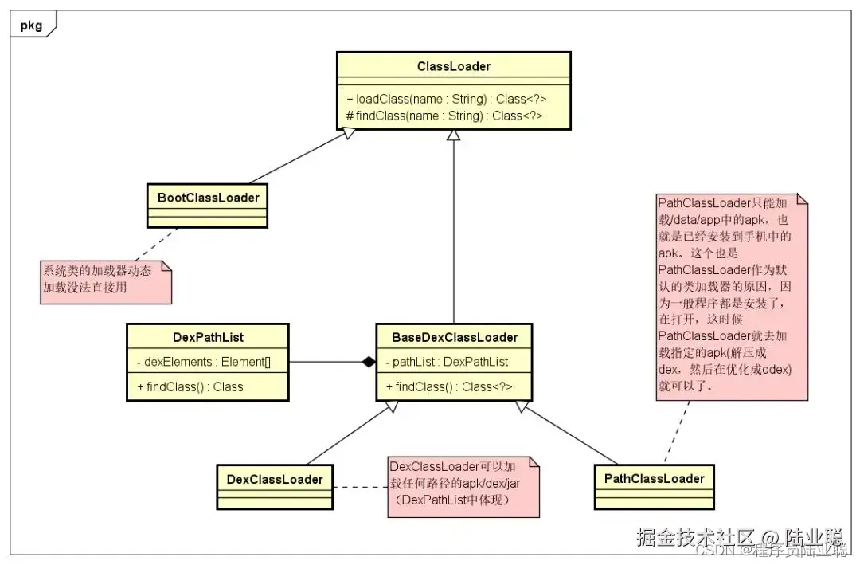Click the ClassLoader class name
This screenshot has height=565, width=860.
point(453,66)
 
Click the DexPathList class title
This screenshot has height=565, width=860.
point(208,337)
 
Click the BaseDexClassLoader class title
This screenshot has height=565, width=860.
point(454,337)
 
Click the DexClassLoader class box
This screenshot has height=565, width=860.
point(275,479)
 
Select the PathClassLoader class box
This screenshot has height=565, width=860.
point(654,478)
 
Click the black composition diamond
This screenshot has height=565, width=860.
point(367,362)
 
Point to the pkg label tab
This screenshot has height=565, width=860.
point(33,24)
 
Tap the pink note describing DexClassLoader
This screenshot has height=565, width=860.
point(462,485)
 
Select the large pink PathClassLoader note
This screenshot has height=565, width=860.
point(731,295)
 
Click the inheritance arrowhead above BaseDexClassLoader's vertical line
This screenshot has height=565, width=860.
point(453,136)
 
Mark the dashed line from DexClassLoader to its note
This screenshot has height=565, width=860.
point(360,486)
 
